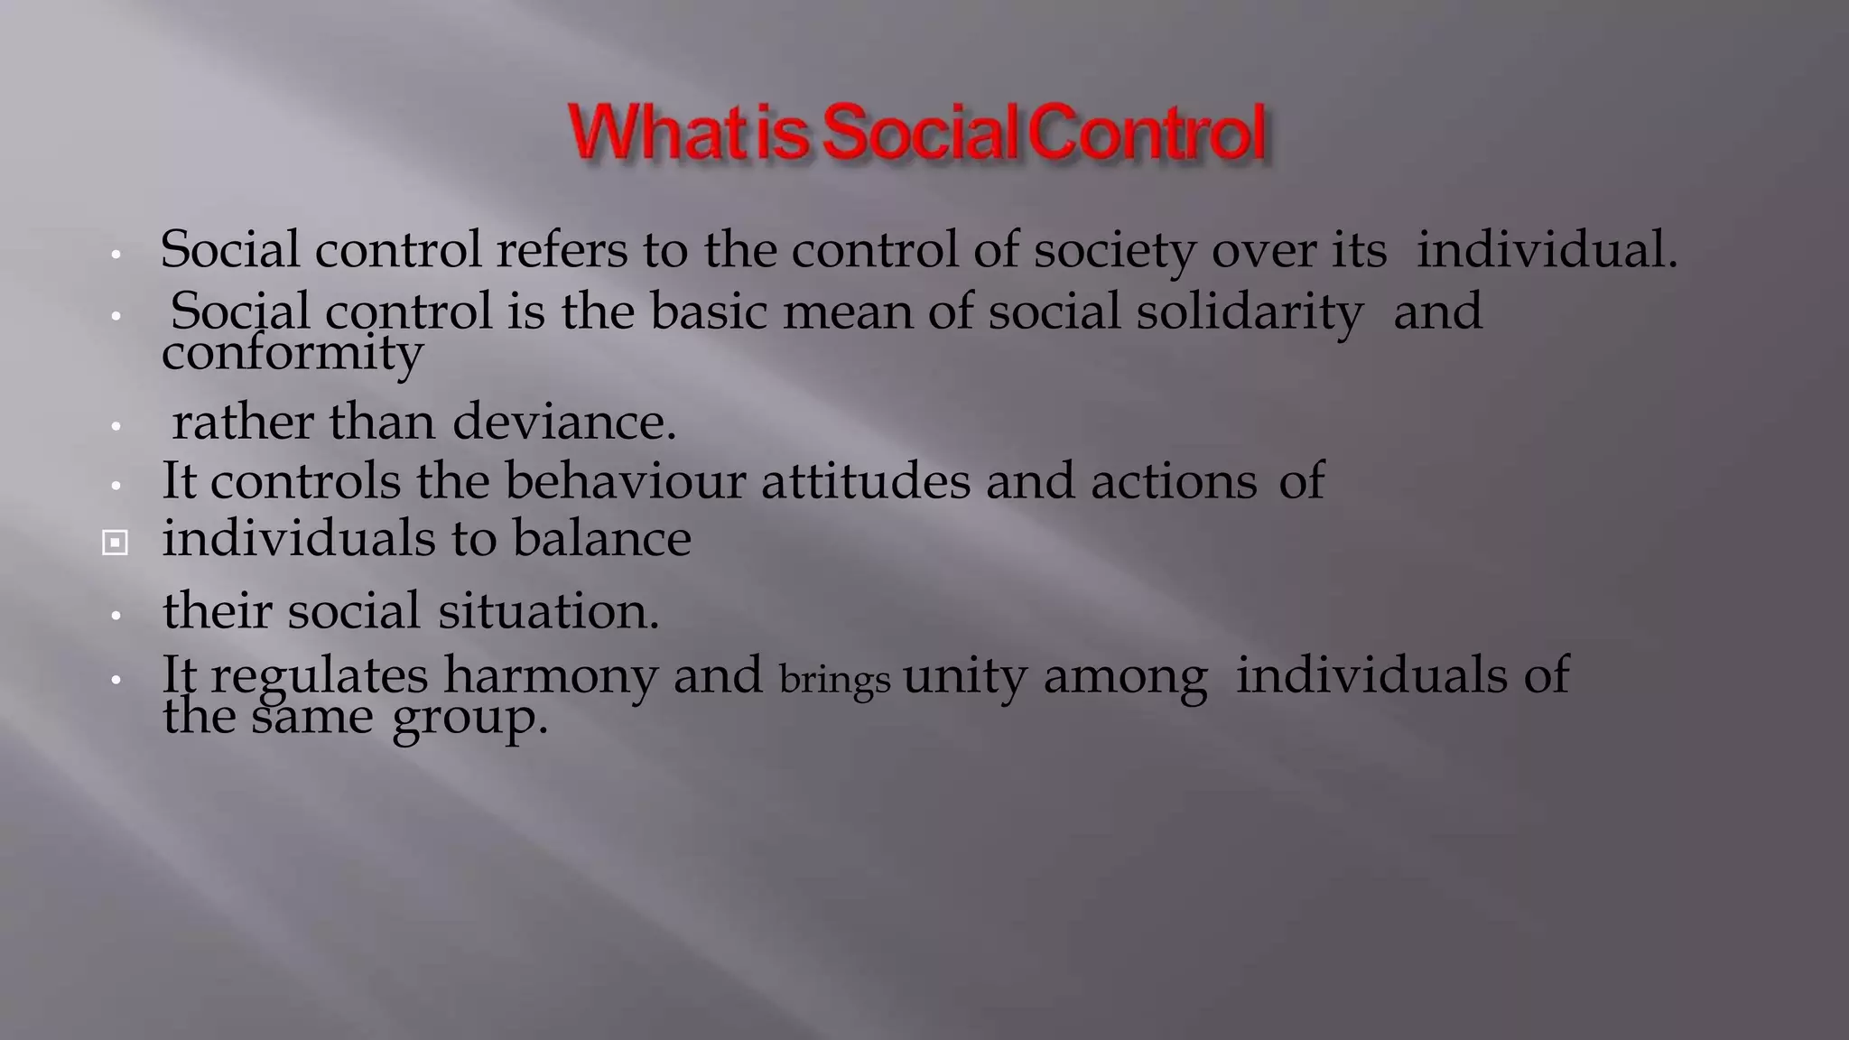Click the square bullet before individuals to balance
115,543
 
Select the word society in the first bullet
1114,251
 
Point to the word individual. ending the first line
1546,250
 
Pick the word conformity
292,353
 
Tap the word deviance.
563,422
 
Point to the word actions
1174,481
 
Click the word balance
601,539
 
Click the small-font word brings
834,680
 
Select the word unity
964,676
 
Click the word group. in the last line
469,719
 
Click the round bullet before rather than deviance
116,426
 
